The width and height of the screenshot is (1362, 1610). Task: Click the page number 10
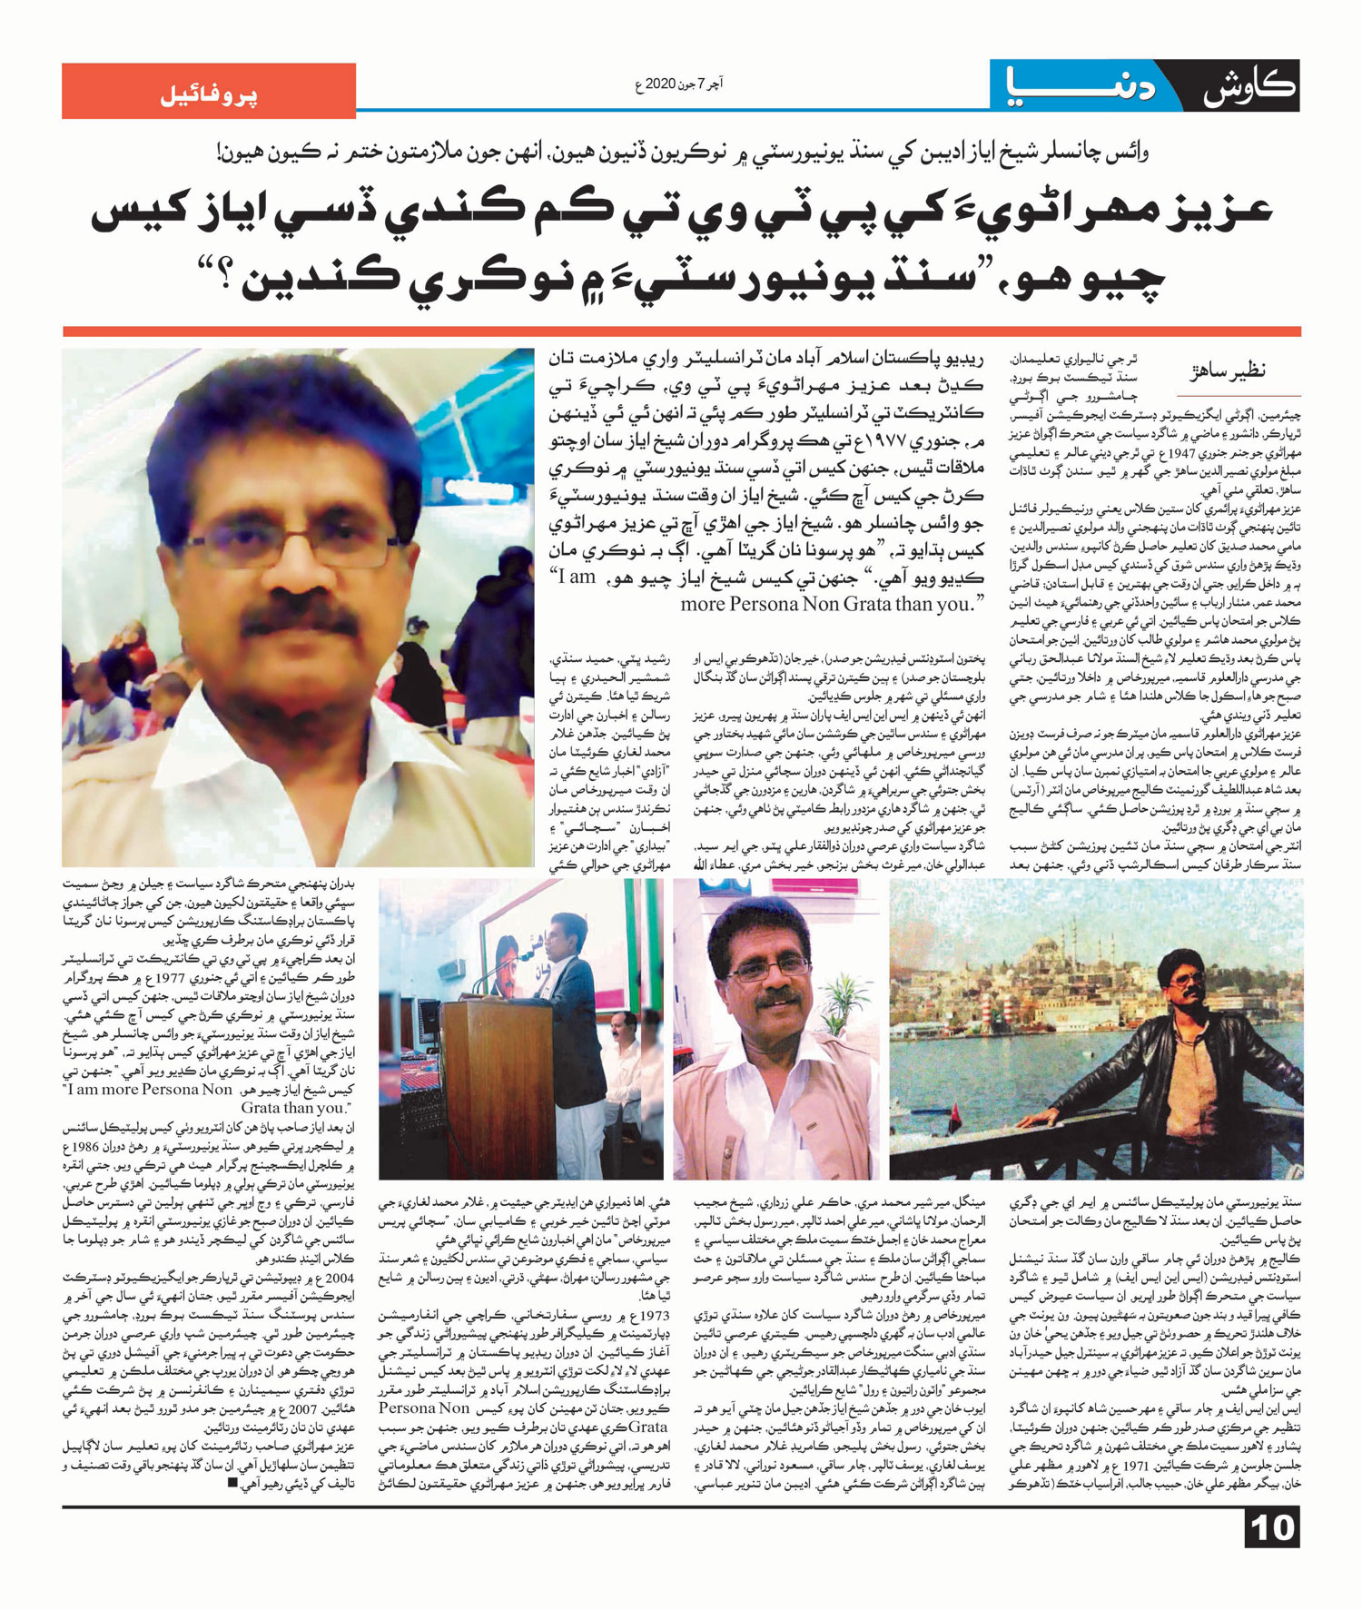pos(1272,1528)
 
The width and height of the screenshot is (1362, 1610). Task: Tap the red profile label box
pos(209,91)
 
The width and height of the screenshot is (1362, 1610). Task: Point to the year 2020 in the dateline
pos(661,84)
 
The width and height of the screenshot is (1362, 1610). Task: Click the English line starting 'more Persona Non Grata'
pos(833,603)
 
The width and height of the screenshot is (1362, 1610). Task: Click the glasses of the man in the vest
pos(769,968)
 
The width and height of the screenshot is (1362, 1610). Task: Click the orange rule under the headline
pos(681,331)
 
